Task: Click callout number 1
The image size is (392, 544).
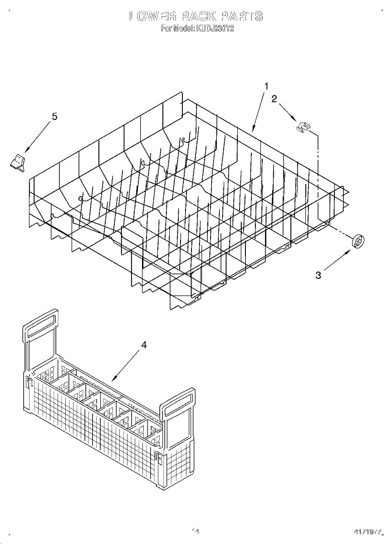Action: tap(267, 86)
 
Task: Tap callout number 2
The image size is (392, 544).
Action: tap(274, 99)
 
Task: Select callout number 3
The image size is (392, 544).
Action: tap(318, 275)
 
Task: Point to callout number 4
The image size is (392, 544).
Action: tap(144, 345)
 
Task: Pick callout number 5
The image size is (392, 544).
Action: tap(54, 117)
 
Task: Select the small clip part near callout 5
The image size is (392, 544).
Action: tap(18, 162)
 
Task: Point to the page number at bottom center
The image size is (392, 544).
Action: tap(196, 530)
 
